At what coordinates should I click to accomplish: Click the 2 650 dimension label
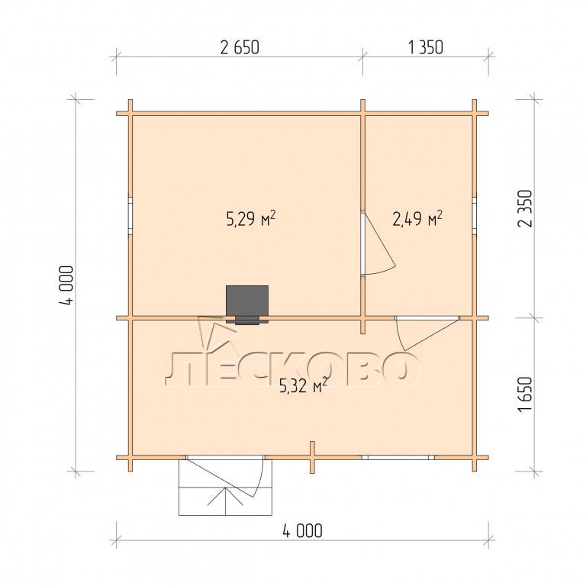(x=240, y=47)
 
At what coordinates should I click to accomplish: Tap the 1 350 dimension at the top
(x=425, y=47)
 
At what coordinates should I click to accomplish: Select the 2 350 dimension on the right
(x=525, y=208)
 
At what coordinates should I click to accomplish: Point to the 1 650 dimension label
(x=525, y=394)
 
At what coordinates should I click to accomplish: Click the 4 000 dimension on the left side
(x=66, y=285)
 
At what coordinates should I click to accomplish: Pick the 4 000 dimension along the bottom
(x=302, y=531)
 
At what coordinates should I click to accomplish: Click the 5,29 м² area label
(x=251, y=219)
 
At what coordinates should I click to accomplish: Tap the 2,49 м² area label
(x=417, y=219)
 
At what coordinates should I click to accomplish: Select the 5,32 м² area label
(x=304, y=385)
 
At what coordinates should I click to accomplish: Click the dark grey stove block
(x=247, y=304)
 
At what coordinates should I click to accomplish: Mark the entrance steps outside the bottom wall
(x=225, y=488)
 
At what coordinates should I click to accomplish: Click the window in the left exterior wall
(x=130, y=215)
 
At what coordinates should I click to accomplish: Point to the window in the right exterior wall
(x=475, y=215)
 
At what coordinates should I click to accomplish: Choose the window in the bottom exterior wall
(x=398, y=458)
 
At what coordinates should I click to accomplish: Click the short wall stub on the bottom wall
(x=312, y=458)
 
